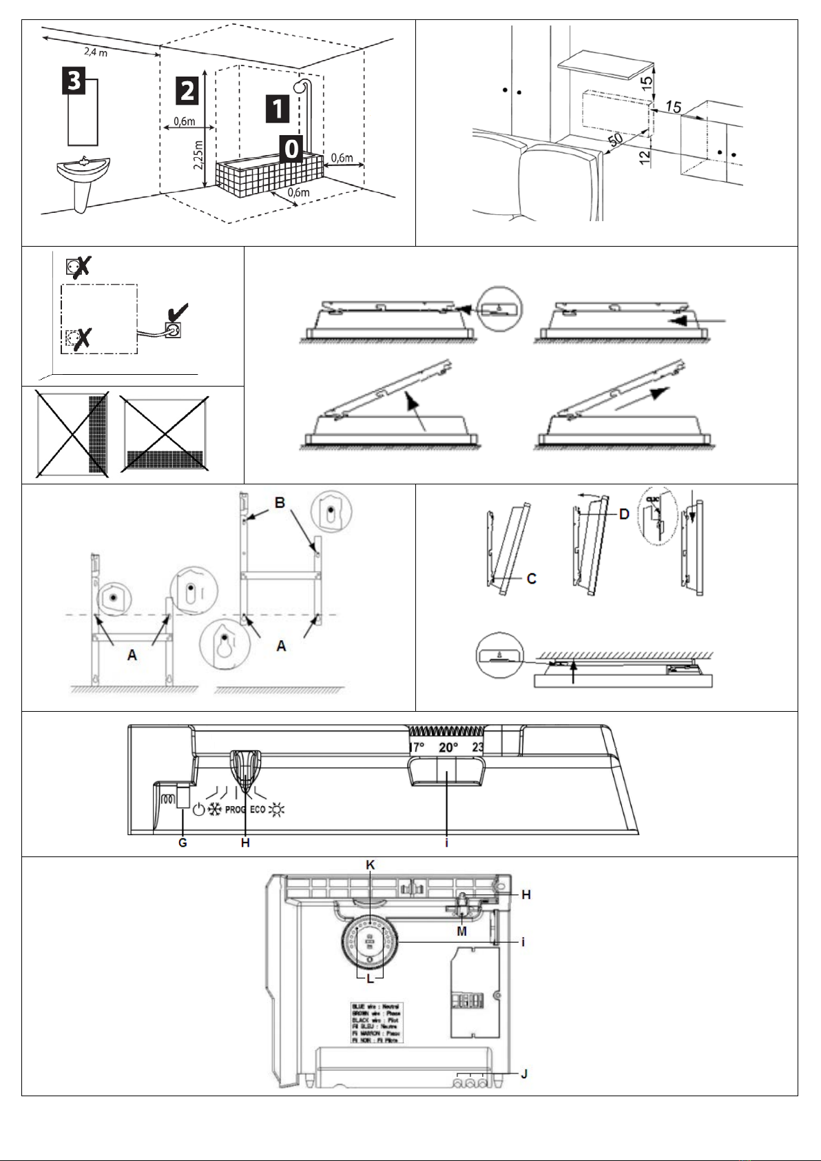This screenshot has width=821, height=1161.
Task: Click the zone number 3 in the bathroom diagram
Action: [x=74, y=81]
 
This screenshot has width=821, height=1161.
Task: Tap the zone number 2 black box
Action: [x=187, y=90]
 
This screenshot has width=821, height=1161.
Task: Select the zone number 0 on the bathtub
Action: [x=292, y=147]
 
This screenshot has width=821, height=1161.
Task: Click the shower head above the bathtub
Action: [x=299, y=87]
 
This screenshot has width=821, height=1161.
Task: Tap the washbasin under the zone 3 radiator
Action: [x=83, y=167]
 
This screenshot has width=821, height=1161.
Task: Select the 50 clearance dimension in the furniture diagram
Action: [x=615, y=138]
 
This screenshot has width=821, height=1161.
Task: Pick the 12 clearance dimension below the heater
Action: [x=644, y=156]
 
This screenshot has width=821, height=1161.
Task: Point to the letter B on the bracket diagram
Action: [x=280, y=503]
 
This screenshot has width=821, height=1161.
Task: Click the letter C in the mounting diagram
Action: [x=532, y=579]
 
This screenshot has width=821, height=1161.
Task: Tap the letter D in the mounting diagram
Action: [x=623, y=513]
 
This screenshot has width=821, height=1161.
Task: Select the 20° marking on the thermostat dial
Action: [x=448, y=747]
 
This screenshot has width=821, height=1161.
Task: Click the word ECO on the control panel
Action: [x=258, y=810]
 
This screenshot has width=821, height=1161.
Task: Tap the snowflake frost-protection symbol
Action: [x=215, y=810]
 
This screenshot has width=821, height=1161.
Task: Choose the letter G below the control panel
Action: [x=183, y=843]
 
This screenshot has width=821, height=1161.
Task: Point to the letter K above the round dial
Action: [x=370, y=864]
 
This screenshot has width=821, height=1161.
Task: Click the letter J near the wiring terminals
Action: [x=524, y=1073]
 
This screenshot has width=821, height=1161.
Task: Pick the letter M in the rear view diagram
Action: [x=461, y=931]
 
